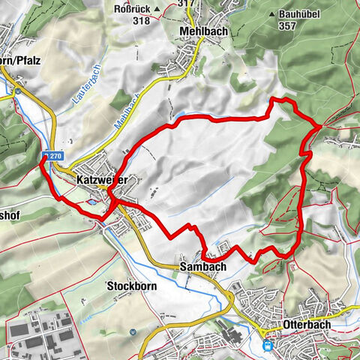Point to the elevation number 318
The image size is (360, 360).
click(x=140, y=21)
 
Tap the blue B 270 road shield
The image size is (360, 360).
click(x=49, y=156)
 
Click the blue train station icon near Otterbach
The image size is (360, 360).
click(x=268, y=346)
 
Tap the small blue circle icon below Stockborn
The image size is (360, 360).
click(x=132, y=331)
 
